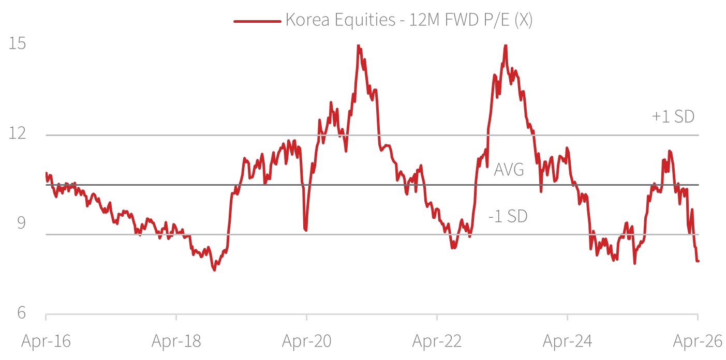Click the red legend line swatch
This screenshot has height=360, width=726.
pyautogui.click(x=257, y=21)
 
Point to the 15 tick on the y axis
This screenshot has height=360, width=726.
pyautogui.click(x=18, y=43)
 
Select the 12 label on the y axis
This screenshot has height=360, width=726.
pyautogui.click(x=18, y=134)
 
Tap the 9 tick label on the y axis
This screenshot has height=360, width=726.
pyautogui.click(x=21, y=223)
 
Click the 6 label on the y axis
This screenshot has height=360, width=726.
pyautogui.click(x=21, y=313)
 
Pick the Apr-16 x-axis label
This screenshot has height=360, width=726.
pyautogui.click(x=46, y=341)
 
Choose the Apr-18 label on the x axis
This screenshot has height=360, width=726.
pyautogui.click(x=176, y=341)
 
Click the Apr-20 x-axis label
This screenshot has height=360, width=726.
pyautogui.click(x=307, y=341)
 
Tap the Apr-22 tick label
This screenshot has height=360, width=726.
pyautogui.click(x=437, y=341)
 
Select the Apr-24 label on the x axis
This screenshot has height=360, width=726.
pyautogui.click(x=568, y=341)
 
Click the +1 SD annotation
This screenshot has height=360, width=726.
pyautogui.click(x=673, y=117)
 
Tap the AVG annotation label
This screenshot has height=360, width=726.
pyautogui.click(x=509, y=169)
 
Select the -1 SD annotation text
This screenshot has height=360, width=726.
pyautogui.click(x=508, y=216)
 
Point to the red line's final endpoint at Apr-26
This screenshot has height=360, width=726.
pyautogui.click(x=698, y=261)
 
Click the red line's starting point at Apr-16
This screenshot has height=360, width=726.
pyautogui.click(x=46, y=173)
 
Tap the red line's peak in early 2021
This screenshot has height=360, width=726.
pyautogui.click(x=359, y=46)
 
